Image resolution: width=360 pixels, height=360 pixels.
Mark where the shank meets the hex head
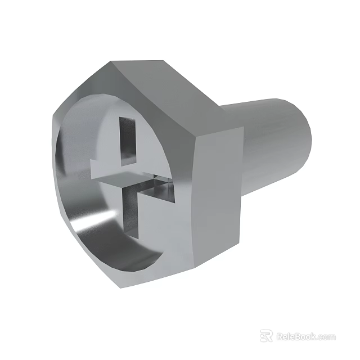[244, 152]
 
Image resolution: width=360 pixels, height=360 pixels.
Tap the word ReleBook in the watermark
[296, 336]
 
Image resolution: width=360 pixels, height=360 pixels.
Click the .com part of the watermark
[326, 337]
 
